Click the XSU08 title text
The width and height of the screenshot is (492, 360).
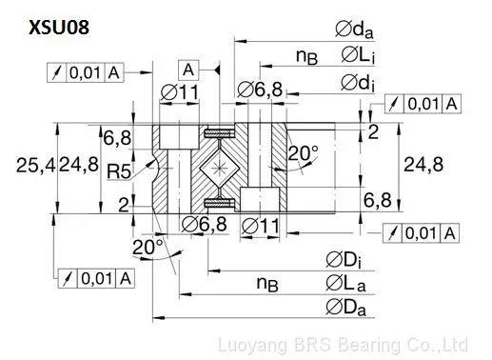[59, 28]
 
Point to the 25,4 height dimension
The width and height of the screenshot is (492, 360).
[35, 166]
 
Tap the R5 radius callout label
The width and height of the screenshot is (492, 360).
[119, 171]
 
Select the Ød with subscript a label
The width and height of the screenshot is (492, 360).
[354, 30]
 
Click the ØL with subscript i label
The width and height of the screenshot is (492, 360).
[358, 55]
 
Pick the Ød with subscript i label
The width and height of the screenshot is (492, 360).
[358, 83]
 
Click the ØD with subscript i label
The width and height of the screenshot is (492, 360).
[344, 260]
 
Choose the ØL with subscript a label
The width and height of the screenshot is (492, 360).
[345, 283]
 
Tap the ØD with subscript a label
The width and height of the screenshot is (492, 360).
[345, 308]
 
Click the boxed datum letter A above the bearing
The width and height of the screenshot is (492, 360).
[188, 70]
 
